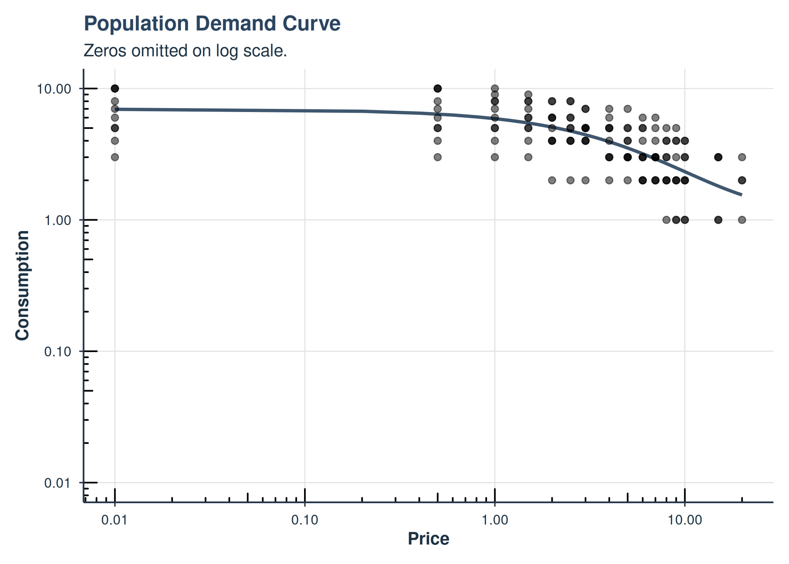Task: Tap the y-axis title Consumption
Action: click(x=22, y=286)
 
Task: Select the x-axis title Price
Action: click(x=428, y=539)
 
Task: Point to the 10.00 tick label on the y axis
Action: click(x=54, y=89)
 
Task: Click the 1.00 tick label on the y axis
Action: click(x=58, y=220)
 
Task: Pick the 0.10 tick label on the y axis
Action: click(x=58, y=352)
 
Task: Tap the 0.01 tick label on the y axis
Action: click(x=58, y=483)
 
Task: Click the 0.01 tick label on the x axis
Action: click(x=114, y=520)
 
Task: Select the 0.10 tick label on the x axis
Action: click(x=305, y=520)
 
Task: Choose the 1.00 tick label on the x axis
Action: click(x=495, y=520)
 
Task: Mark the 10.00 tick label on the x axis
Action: click(x=685, y=520)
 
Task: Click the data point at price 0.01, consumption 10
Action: click(x=115, y=89)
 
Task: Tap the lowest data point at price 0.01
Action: click(x=115, y=157)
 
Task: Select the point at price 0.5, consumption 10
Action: click(x=438, y=89)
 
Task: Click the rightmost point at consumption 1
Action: click(x=742, y=220)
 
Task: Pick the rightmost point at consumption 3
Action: click(x=742, y=157)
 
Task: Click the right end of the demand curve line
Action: click(x=741, y=194)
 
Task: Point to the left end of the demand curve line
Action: click(x=115, y=109)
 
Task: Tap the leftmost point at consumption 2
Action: click(x=552, y=180)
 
